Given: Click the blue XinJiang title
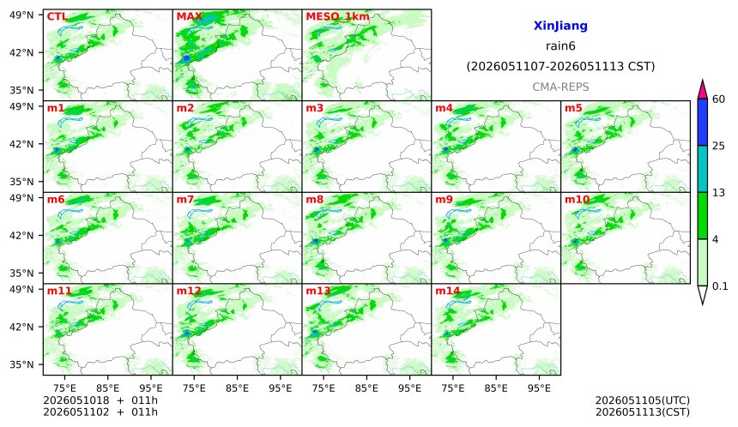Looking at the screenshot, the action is tap(560, 26).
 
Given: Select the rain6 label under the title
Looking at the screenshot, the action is tap(560, 46).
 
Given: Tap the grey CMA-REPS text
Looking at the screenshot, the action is tap(560, 87).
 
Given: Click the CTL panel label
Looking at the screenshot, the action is tap(57, 17).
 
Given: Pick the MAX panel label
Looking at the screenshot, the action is tap(189, 17).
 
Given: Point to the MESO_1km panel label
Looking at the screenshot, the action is tap(337, 17).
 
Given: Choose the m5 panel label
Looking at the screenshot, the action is tap(573, 108).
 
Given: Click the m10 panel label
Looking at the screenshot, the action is tap(577, 200).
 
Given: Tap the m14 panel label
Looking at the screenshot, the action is tap(448, 291).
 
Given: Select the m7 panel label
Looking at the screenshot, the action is tap(185, 200).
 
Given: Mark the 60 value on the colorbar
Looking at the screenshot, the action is tap(719, 99).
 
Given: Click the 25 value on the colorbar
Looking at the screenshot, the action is tap(719, 146).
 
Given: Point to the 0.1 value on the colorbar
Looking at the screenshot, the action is tap(720, 286).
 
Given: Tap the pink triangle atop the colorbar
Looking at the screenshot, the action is tap(702, 90).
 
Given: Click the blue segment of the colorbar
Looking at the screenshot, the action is tap(702, 123).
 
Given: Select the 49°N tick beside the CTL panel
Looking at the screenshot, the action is tap(21, 15).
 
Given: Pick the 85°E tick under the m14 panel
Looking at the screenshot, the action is tap(496, 388).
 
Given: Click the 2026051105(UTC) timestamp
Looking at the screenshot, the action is tap(643, 400).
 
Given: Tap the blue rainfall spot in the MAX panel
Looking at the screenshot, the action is tap(186, 57).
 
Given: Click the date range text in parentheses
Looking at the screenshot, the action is tap(560, 66).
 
